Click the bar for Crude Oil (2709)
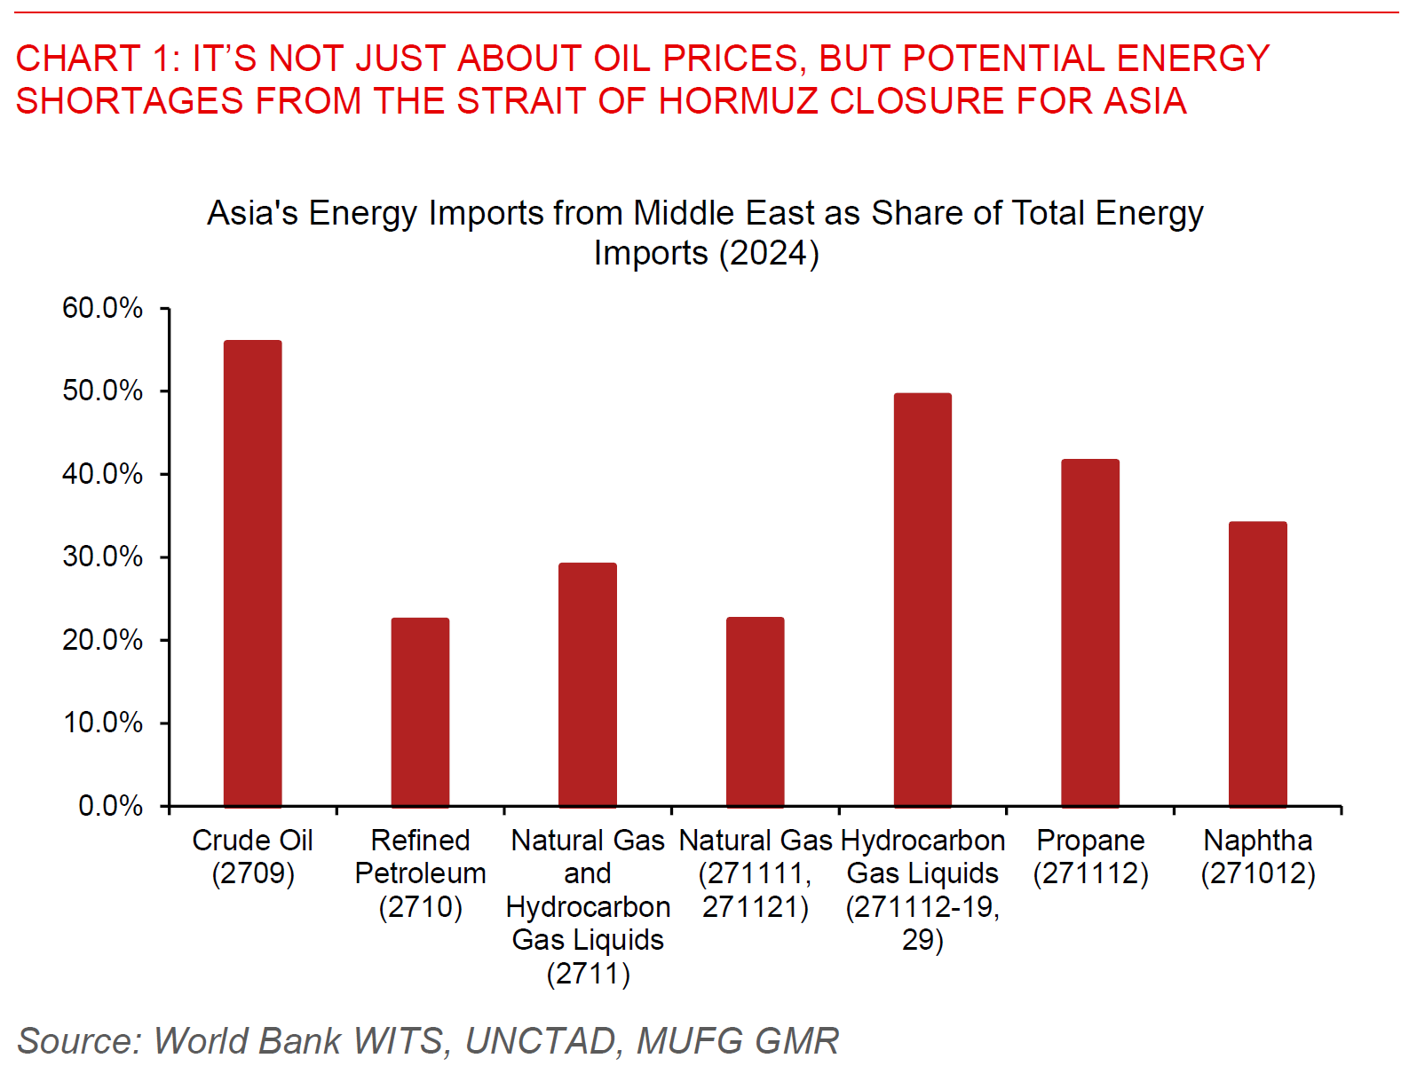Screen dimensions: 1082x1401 tap(252, 573)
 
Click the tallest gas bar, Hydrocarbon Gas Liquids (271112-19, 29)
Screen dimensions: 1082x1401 tap(922, 600)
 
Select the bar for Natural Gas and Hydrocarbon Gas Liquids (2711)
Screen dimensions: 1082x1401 tap(587, 684)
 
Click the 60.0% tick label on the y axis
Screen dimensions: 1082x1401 tap(102, 308)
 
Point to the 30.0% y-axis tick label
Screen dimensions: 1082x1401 tap(102, 557)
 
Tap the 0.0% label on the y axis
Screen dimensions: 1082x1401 tap(110, 806)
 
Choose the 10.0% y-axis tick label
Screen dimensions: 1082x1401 tap(102, 723)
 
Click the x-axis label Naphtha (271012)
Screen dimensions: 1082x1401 tap(1257, 857)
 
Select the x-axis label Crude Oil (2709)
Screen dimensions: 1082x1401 tap(252, 857)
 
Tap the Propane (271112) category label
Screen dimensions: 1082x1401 tap(1090, 857)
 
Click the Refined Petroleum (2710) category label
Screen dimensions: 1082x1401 tap(420, 873)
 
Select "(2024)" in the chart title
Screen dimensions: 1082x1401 tap(769, 253)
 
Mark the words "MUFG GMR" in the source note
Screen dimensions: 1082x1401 tap(738, 1041)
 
